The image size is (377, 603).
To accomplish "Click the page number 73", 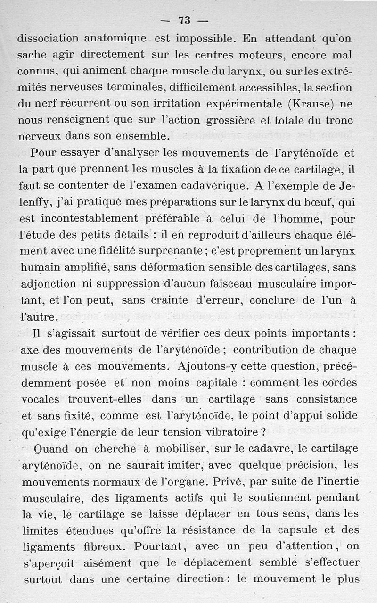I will coord(184,20).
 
